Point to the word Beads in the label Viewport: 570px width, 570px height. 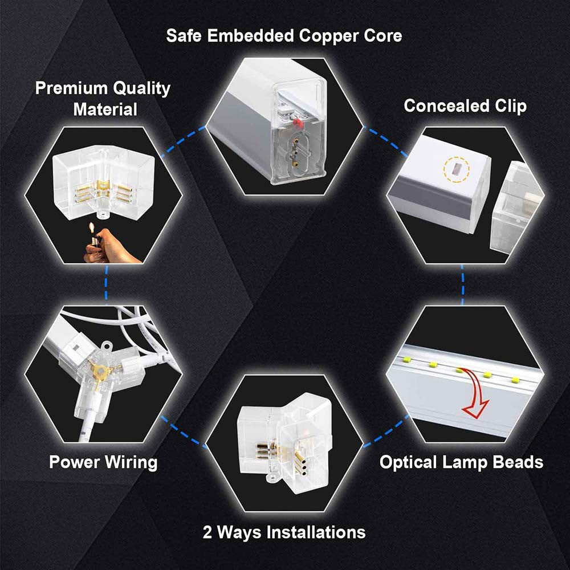[x=518, y=462]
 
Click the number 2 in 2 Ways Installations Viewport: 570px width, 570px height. [x=207, y=532]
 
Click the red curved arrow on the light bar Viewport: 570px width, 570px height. [x=475, y=393]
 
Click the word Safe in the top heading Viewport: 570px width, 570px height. [x=184, y=35]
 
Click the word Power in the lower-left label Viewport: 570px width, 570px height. [x=74, y=462]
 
